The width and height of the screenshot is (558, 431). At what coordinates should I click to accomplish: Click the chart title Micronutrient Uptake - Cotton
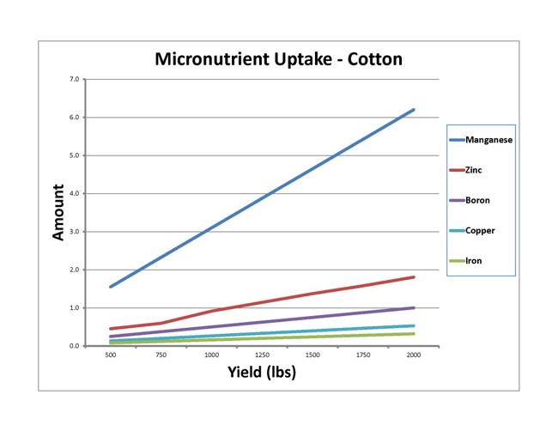tap(278, 59)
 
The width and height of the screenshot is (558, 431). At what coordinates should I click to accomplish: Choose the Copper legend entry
tap(481, 230)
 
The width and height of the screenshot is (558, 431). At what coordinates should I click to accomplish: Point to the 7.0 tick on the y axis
tap(75, 79)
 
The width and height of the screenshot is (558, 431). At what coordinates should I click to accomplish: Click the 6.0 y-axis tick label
tap(75, 118)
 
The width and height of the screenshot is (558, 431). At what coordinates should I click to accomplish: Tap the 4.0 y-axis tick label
tap(75, 193)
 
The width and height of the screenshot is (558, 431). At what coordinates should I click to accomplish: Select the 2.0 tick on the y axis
tap(75, 270)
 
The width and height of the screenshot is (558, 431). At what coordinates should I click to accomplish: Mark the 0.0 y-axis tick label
tap(75, 346)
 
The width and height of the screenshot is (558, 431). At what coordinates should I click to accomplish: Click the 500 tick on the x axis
tap(111, 355)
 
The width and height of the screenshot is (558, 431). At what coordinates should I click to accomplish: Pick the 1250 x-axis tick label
tap(262, 355)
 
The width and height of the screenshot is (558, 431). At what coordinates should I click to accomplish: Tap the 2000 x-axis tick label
tap(414, 355)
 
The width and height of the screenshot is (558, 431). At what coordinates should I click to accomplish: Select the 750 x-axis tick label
tap(161, 355)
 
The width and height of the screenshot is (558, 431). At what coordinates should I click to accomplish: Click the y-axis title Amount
tap(59, 212)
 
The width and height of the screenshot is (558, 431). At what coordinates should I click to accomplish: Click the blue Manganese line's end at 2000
tap(414, 110)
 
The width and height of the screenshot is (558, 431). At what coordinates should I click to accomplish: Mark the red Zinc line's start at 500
tap(111, 329)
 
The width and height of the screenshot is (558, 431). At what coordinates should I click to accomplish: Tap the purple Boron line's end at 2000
tap(414, 307)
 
